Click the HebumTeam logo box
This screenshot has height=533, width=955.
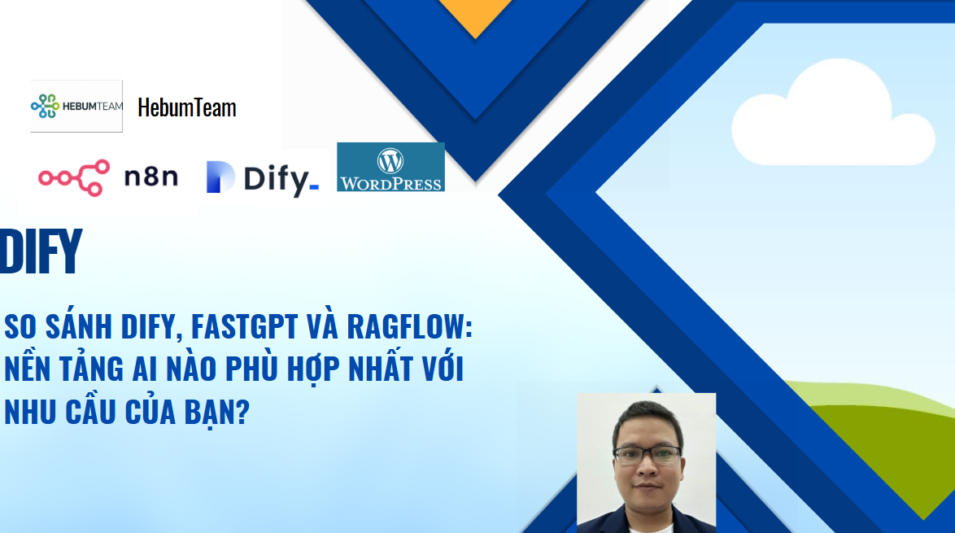click(76, 106)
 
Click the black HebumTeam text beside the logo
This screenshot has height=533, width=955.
click(187, 107)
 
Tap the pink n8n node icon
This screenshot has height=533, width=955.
click(74, 177)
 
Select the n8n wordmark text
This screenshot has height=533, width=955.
click(151, 177)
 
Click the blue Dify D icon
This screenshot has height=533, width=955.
click(220, 177)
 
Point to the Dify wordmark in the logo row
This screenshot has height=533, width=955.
click(281, 180)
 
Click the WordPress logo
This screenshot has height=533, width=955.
click(390, 167)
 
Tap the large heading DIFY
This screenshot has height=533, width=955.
click(41, 251)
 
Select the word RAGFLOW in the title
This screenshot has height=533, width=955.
click(409, 326)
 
